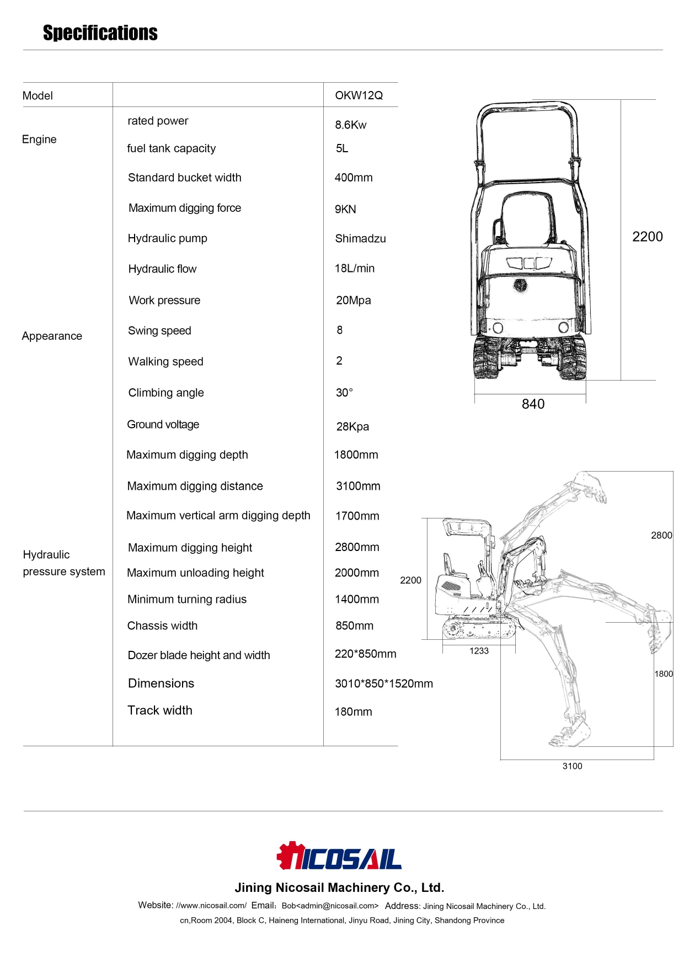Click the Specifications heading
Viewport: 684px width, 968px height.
click(x=100, y=33)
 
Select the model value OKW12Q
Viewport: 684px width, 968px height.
click(x=359, y=95)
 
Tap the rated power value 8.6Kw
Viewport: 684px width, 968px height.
click(x=350, y=125)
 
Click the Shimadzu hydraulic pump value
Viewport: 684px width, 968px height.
click(x=360, y=239)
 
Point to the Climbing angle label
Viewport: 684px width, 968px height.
click(x=166, y=393)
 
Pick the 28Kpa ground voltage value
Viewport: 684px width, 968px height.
click(x=352, y=427)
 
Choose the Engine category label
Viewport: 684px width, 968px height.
click(x=39, y=140)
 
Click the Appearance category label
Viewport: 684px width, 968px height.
click(x=52, y=336)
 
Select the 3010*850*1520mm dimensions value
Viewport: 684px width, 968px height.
click(x=384, y=684)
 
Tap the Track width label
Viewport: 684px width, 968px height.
click(x=160, y=710)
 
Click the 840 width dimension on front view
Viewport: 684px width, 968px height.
click(x=533, y=404)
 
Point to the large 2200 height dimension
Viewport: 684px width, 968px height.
click(x=647, y=237)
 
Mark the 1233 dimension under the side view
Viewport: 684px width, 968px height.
click(x=479, y=651)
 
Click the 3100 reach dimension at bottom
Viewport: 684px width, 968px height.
click(x=572, y=766)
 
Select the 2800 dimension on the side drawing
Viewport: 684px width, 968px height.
click(x=661, y=536)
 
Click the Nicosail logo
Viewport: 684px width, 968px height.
click(x=339, y=857)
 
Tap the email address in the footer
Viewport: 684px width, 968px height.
click(x=330, y=906)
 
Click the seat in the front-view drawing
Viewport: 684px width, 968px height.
click(x=528, y=218)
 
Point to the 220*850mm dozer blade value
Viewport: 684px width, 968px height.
click(x=365, y=654)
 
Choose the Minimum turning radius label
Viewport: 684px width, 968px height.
click(x=187, y=600)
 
